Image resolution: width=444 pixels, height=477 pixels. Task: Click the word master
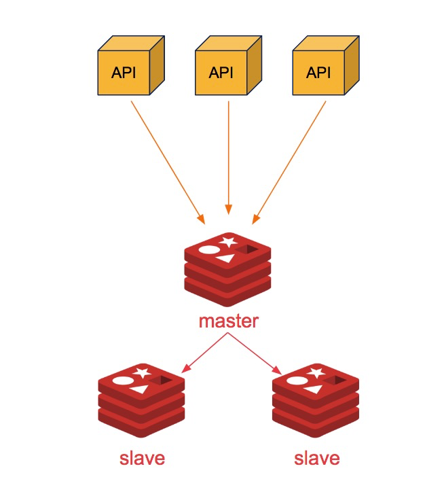228,321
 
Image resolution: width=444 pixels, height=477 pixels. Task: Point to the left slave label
142,458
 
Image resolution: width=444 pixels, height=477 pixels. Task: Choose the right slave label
317,458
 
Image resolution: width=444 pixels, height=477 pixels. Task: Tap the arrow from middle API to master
229,156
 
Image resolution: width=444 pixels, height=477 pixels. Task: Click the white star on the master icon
229,241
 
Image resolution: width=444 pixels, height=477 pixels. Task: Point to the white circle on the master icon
208,249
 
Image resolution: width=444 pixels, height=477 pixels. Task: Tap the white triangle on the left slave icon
140,389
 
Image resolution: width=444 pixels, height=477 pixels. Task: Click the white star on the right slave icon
316,372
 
